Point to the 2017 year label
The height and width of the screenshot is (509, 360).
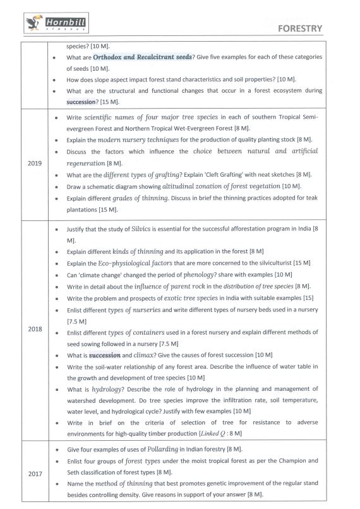pos(35,473)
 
